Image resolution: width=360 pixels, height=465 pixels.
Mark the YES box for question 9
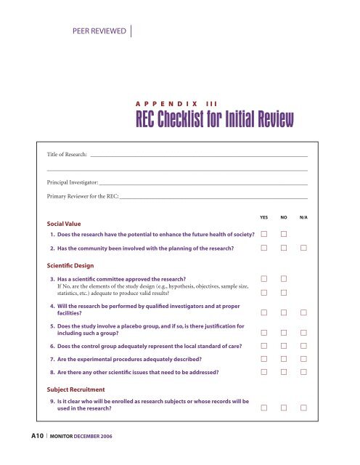(x=266, y=408)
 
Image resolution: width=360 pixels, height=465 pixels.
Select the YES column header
(x=266, y=217)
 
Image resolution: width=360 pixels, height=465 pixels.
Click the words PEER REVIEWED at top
(x=96, y=30)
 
